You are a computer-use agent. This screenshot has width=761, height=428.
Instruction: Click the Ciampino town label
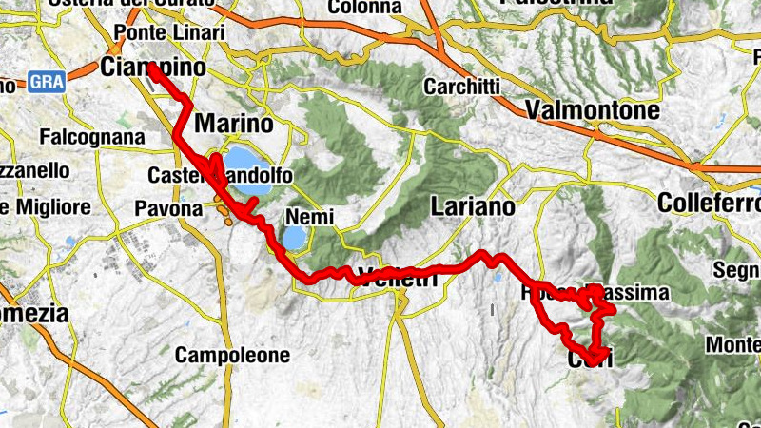(152, 68)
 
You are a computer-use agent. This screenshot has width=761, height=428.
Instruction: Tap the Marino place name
(233, 124)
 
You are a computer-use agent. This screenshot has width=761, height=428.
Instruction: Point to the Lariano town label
(472, 205)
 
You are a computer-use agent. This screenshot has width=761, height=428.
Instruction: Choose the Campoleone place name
(232, 356)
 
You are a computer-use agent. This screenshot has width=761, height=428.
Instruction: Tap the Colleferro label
(708, 203)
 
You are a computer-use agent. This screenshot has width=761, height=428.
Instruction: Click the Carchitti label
(462, 86)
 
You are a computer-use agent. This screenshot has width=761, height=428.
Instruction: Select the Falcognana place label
(92, 137)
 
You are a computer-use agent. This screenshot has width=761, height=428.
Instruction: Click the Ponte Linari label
(168, 33)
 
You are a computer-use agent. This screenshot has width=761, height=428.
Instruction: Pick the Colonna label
(364, 8)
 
